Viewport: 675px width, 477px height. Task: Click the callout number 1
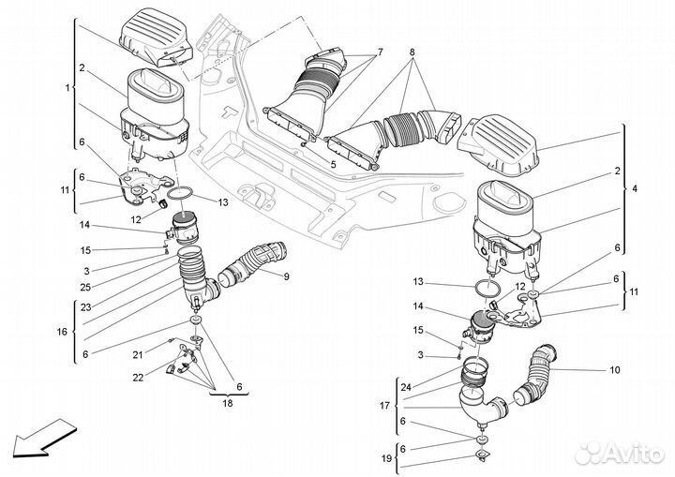coord(67,88)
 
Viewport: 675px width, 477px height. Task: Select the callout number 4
coord(635,190)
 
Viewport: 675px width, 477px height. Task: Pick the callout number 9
coord(286,276)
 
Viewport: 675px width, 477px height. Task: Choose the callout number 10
coord(615,370)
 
